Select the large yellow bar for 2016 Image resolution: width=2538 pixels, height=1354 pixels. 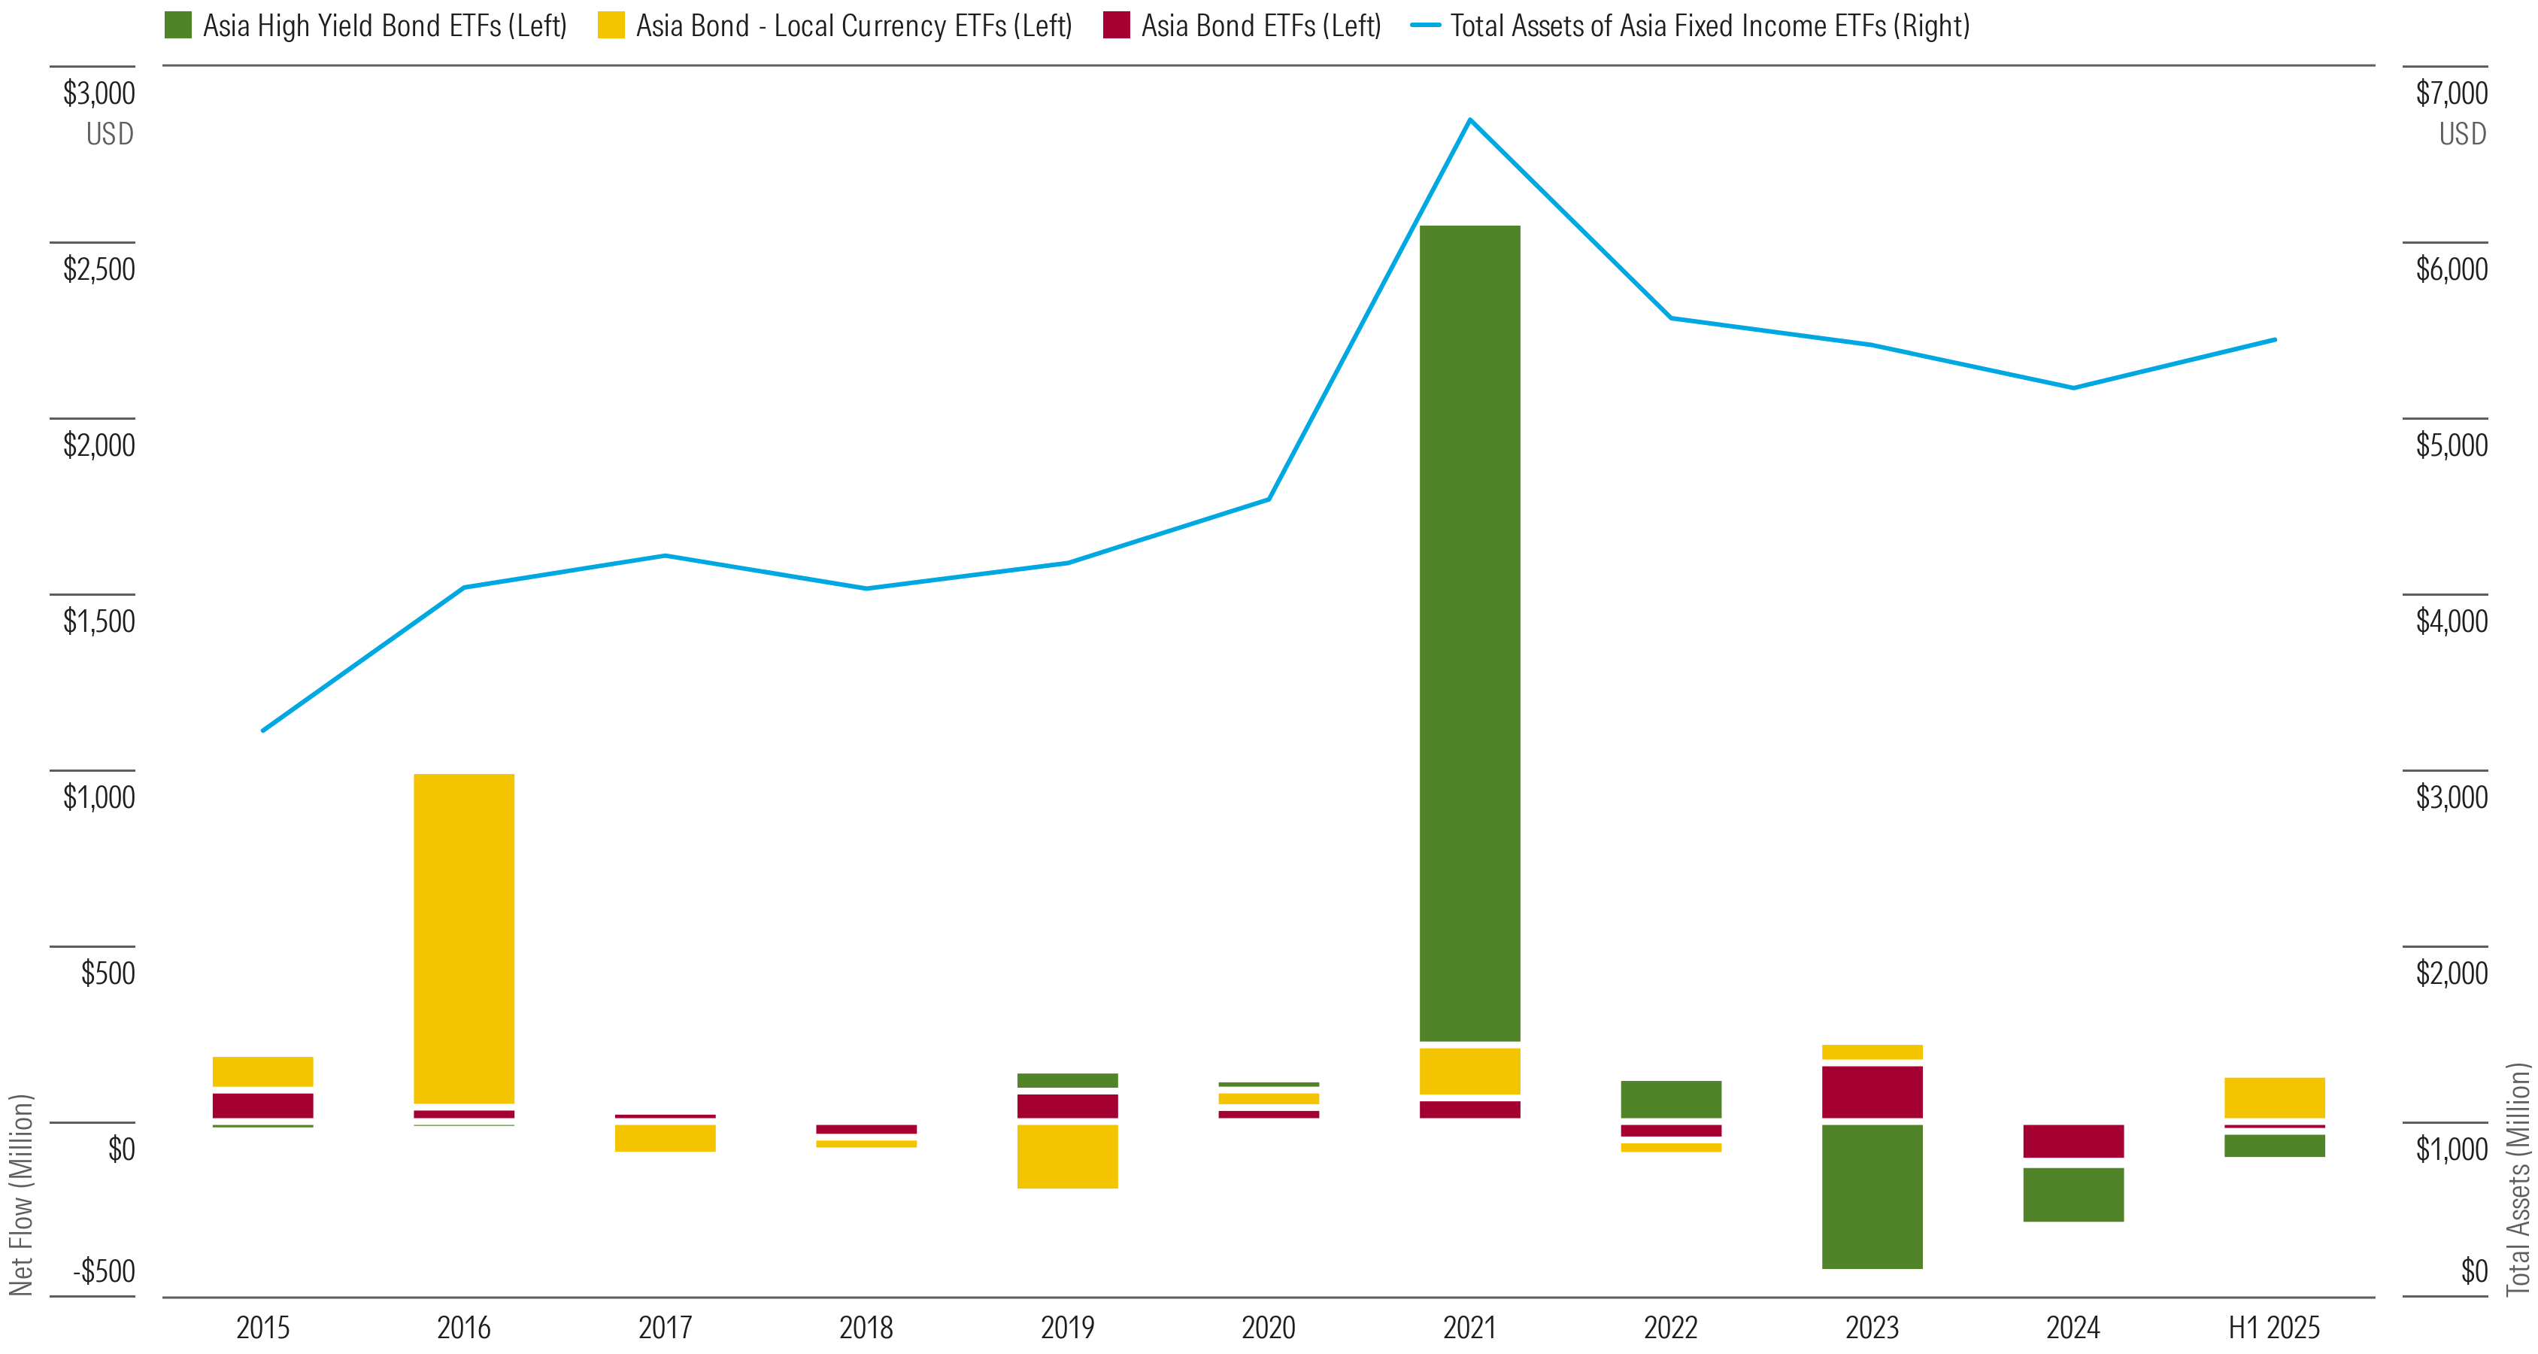(x=463, y=938)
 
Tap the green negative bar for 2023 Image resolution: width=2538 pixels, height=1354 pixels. (x=1871, y=1196)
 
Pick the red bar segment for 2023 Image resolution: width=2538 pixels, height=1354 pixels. (x=1871, y=1092)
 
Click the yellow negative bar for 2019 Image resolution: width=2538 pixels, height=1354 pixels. (x=1067, y=1156)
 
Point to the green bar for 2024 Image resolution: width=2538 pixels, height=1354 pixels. (x=2073, y=1195)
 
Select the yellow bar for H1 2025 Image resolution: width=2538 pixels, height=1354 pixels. (x=2274, y=1097)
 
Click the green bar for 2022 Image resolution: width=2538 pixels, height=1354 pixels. (x=1670, y=1099)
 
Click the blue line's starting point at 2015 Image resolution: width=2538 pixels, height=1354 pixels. (x=263, y=730)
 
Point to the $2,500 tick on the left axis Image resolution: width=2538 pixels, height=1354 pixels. (x=99, y=269)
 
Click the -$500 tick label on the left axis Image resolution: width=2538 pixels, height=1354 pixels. (x=105, y=1271)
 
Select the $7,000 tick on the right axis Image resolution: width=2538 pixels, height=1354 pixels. (x=2452, y=93)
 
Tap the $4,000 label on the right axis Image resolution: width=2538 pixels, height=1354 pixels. (x=2452, y=621)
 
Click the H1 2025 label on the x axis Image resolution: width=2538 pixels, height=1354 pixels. (x=2274, y=1328)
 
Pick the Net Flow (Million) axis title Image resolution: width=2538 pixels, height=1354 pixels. (x=22, y=1195)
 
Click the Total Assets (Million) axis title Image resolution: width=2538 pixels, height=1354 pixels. (x=2518, y=1179)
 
